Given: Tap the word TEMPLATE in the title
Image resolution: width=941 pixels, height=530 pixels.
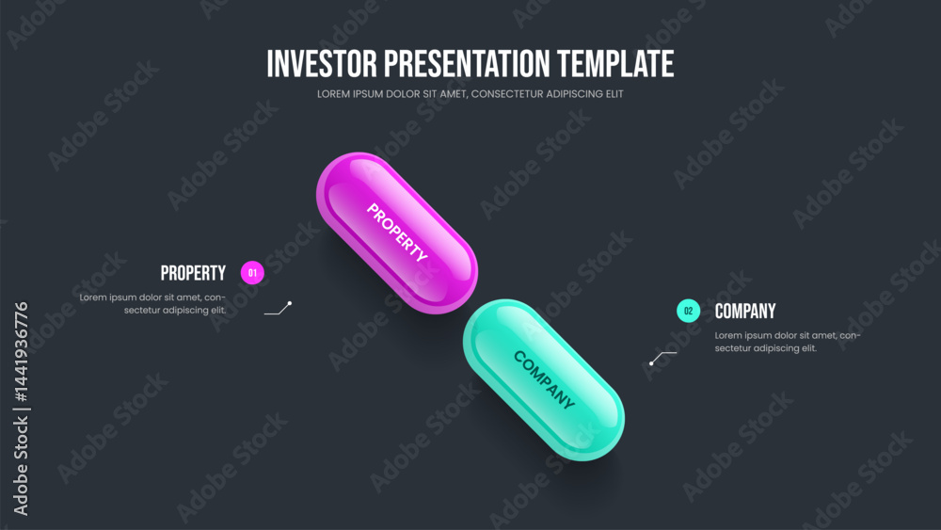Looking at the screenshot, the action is [615, 64].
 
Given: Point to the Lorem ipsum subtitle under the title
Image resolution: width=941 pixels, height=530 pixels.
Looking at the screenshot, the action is [470, 93].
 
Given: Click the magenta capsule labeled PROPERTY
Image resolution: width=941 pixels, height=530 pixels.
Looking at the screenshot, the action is [397, 233].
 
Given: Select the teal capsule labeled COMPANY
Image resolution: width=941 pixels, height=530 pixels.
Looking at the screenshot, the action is [544, 380].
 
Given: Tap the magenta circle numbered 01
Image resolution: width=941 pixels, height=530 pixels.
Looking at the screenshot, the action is [252, 273].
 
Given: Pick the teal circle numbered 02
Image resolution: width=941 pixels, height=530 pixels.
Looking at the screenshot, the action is [689, 311].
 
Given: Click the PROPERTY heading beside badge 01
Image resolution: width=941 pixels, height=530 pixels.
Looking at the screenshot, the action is [193, 273].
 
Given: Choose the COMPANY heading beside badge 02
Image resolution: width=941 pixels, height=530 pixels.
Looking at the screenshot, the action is [744, 311].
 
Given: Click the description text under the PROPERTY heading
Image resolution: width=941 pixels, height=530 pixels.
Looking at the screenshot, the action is [152, 304].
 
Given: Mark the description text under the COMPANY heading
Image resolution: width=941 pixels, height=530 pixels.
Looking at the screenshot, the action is [788, 342].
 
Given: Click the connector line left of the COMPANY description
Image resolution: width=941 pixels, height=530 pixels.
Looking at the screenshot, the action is [663, 357].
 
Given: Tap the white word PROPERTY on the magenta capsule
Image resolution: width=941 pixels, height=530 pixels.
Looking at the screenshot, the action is [397, 233].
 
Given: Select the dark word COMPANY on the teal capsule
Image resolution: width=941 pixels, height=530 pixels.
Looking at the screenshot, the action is [544, 380].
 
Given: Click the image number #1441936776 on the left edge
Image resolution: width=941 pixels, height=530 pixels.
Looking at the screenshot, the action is [21, 352].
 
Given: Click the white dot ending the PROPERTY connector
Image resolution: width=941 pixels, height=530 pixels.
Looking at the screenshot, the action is [289, 304].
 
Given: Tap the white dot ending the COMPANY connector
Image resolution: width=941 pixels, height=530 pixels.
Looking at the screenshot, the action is [651, 363].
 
